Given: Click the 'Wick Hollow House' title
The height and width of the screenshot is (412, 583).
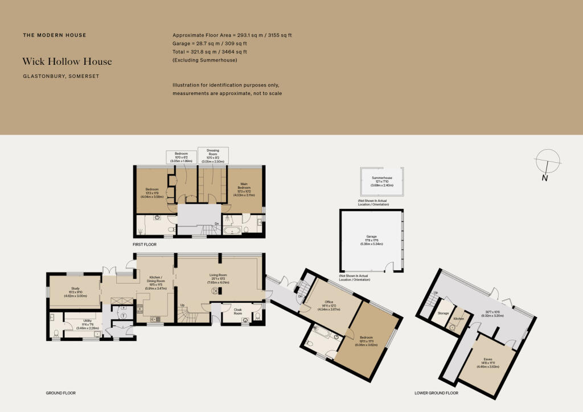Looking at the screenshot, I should (x=67, y=61).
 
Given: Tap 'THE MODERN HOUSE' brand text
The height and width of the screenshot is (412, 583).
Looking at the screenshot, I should (x=55, y=35).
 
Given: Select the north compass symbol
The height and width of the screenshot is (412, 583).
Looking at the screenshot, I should (x=545, y=162).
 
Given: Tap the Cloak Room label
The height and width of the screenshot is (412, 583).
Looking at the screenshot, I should (x=238, y=312).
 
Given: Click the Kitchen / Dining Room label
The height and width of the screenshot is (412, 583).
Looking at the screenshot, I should (x=153, y=283).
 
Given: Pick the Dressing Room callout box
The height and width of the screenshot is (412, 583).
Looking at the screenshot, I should (x=212, y=155).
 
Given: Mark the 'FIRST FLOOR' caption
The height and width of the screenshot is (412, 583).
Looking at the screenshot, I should (x=144, y=244).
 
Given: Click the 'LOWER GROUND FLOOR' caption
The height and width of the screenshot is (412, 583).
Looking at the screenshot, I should (x=436, y=393).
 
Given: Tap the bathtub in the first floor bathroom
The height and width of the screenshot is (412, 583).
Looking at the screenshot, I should (x=232, y=231).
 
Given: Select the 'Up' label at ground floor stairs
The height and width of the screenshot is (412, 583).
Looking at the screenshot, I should (x=182, y=305).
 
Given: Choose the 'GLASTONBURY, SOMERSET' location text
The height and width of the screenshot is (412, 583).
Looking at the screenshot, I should (x=61, y=76).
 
